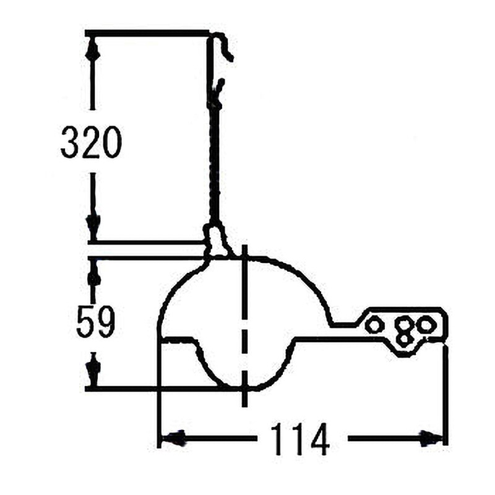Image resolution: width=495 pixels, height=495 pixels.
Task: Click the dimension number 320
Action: click(91, 142)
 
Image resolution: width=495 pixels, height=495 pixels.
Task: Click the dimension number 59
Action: click(95, 321)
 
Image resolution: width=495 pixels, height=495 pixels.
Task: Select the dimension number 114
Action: click(300, 439)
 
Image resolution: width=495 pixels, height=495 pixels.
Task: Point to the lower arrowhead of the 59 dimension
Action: click(93, 370)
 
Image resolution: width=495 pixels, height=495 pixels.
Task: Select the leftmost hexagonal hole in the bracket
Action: click(374, 325)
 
